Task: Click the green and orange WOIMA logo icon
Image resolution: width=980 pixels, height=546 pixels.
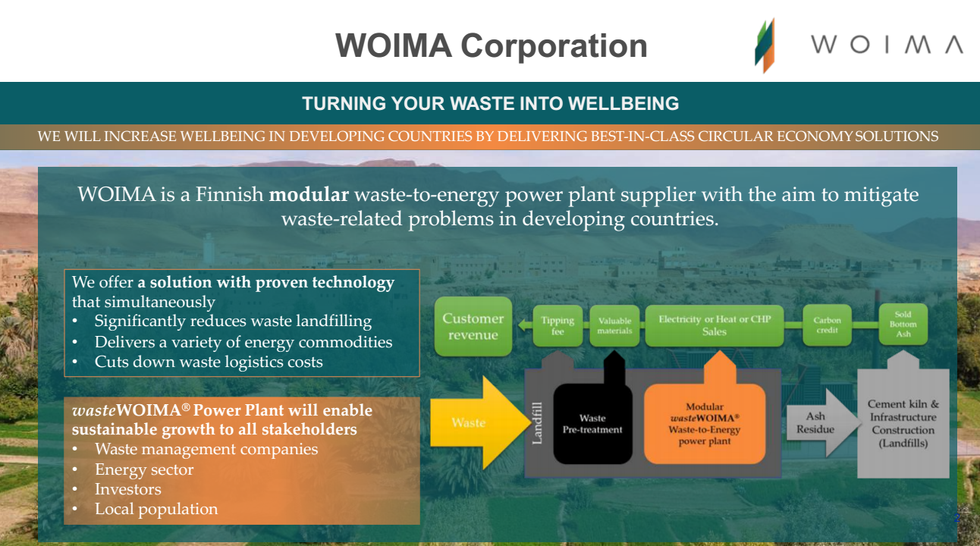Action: [765, 45]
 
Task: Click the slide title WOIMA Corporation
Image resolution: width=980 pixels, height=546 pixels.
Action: [492, 45]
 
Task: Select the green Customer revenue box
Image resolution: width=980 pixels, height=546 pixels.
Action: [473, 326]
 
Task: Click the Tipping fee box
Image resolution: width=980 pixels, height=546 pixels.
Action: [558, 326]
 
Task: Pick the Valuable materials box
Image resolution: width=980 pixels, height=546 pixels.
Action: [614, 326]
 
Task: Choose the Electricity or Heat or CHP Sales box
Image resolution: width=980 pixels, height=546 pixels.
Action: [715, 326]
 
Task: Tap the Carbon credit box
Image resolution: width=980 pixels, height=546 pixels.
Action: [827, 325]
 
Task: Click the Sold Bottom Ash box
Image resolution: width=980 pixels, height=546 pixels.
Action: [903, 325]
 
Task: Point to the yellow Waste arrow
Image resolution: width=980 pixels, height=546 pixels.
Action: [480, 422]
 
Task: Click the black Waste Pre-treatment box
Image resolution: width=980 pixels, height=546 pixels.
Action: [593, 423]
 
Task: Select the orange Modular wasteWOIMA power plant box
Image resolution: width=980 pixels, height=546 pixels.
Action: [705, 423]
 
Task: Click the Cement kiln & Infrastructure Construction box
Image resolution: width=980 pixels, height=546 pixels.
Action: [903, 423]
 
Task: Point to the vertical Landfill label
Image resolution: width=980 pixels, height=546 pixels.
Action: [537, 423]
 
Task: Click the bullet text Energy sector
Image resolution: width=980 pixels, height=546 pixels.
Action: [144, 469]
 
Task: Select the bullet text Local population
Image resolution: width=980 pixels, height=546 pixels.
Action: [156, 509]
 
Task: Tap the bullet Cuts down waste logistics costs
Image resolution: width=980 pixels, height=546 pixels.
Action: [209, 362]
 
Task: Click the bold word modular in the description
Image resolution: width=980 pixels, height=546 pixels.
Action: [309, 195]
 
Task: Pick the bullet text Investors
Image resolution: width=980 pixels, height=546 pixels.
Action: [127, 489]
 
